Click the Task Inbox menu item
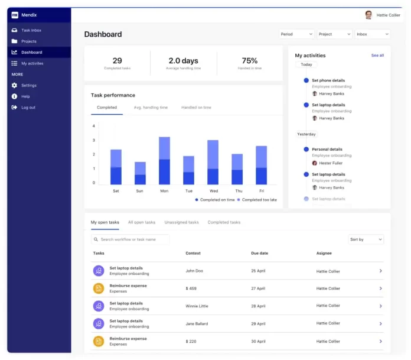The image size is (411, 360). click(31, 30)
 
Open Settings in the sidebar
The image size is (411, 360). click(28, 85)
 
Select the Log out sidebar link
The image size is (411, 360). click(28, 107)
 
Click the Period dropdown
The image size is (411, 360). click(296, 34)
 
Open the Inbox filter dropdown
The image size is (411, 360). click(372, 34)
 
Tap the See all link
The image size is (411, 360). click(377, 56)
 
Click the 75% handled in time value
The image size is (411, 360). click(249, 61)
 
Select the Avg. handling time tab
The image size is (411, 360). click(151, 108)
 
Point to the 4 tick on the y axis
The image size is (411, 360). click(94, 126)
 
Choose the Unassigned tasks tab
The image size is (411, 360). click(181, 222)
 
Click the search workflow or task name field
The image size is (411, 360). click(131, 239)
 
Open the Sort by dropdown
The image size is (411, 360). click(366, 239)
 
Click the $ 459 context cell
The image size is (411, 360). click(191, 288)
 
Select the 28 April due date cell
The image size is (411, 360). click(258, 306)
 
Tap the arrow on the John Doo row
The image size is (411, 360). click(380, 271)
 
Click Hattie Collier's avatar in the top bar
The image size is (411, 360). click(369, 15)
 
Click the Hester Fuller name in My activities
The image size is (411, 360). click(331, 163)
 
